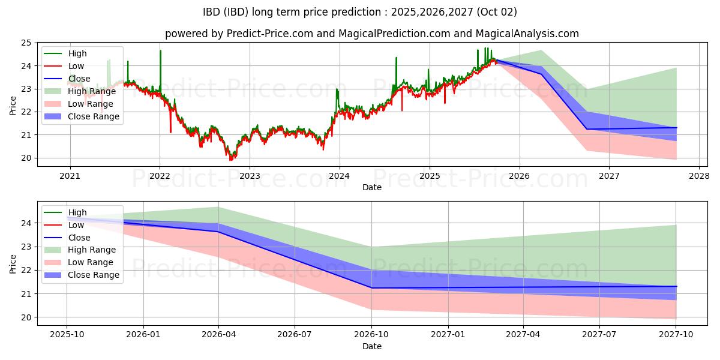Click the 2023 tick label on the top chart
tap(250, 176)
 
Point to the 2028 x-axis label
tap(699, 176)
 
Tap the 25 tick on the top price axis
tap(26, 43)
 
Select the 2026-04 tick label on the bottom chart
tap(218, 334)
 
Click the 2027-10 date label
tap(676, 334)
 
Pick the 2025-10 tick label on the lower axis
tap(67, 334)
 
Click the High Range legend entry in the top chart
tap(80, 91)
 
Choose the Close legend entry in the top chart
tap(67, 79)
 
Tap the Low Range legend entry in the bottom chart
tap(79, 262)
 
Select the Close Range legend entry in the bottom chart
tap(82, 275)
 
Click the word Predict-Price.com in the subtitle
tap(269, 34)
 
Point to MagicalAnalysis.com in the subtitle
tap(527, 34)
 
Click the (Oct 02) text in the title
tap(497, 12)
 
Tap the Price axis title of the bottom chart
tap(13, 264)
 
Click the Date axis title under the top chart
tap(372, 187)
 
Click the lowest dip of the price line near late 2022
tap(230, 160)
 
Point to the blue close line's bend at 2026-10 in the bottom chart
tap(372, 288)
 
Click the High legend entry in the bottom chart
tap(65, 212)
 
